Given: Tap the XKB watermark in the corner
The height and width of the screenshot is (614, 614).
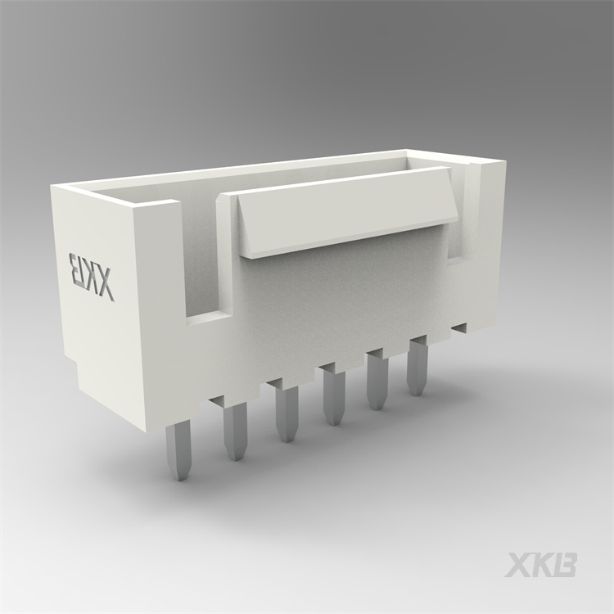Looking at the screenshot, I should (x=540, y=565).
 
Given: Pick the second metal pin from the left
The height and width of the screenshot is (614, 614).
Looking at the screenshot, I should (x=235, y=431).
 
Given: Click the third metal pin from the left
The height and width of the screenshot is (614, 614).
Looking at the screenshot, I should (x=287, y=413).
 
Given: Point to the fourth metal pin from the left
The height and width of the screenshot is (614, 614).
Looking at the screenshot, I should (x=333, y=398).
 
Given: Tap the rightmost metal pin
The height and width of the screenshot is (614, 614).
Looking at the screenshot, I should (x=418, y=368).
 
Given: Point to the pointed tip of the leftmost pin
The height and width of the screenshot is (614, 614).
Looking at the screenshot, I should (x=179, y=475).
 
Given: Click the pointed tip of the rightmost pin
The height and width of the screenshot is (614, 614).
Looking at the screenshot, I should (x=418, y=391).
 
